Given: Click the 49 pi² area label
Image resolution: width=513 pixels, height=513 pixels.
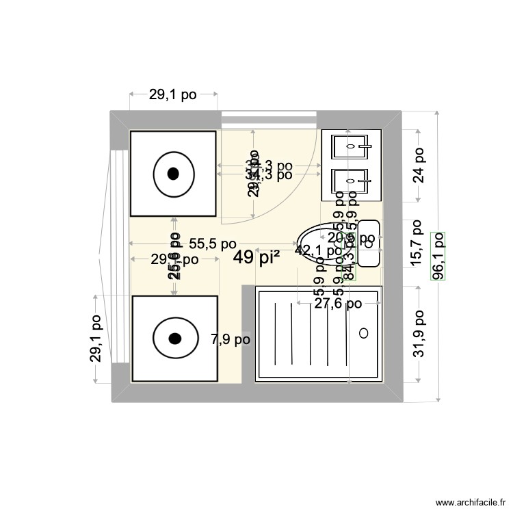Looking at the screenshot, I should pyautogui.click(x=256, y=258).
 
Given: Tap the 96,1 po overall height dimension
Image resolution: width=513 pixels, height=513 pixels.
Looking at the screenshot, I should pyautogui.click(x=438, y=256).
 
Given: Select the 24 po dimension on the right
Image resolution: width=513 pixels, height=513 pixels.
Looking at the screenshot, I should pyautogui.click(x=419, y=166).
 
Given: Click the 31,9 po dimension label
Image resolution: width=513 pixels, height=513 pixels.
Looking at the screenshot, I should pyautogui.click(x=419, y=334).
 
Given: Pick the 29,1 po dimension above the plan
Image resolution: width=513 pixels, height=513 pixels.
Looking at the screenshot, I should pyautogui.click(x=173, y=95).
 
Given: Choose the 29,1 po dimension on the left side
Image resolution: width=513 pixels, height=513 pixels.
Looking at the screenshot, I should pyautogui.click(x=96, y=339).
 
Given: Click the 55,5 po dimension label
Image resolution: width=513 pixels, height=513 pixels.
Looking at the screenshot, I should pyautogui.click(x=213, y=244).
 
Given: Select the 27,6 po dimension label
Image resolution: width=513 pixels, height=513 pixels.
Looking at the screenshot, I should pyautogui.click(x=338, y=304).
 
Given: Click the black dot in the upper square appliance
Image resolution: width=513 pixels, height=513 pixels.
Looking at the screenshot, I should pyautogui.click(x=173, y=174).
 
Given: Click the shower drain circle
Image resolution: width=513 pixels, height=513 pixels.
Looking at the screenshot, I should pyautogui.click(x=364, y=332).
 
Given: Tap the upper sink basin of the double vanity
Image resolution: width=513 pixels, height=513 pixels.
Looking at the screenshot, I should pyautogui.click(x=351, y=146).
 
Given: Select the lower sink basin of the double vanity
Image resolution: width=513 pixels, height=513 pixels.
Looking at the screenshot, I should pyautogui.click(x=351, y=181).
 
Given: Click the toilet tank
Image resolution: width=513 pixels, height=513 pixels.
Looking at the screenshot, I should pyautogui.click(x=370, y=243).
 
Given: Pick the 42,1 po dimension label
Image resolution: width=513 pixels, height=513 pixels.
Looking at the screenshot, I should pyautogui.click(x=317, y=250).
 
